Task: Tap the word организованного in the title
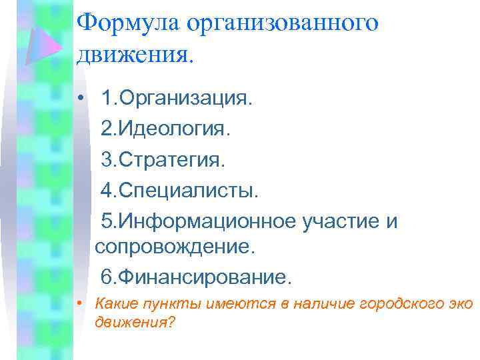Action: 283,23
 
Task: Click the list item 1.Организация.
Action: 176,99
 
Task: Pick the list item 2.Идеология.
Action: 165,129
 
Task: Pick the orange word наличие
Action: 323,304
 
